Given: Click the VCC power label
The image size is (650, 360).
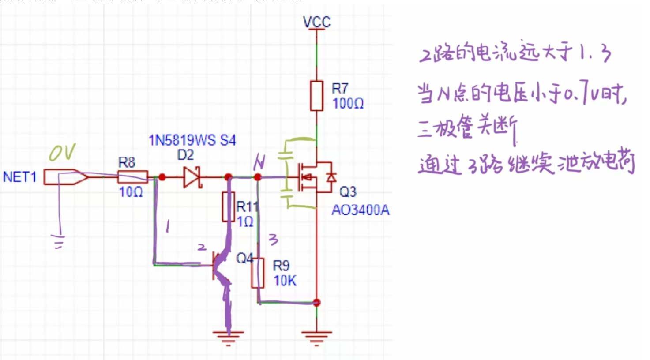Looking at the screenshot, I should coord(316,22).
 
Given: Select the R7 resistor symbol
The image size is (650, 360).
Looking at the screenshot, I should coord(316,96).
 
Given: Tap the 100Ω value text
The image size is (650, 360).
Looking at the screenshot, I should coord(348,104).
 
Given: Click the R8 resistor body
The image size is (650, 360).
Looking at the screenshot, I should coord(132,177).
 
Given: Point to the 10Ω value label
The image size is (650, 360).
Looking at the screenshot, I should coord(131,192).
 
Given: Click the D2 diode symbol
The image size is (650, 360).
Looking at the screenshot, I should coord(192,177).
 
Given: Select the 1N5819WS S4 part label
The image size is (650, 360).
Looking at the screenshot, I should coord(192,140).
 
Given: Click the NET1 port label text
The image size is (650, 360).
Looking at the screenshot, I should coord(19,177).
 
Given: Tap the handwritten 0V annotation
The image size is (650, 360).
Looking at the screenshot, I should coord(62,153).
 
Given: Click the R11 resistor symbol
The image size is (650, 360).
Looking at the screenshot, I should coord(228,206).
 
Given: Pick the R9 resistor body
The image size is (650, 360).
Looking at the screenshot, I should coord(258,273).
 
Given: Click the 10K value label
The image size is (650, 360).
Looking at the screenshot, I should coord(285,281).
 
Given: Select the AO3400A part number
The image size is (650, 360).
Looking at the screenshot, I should coord(360,210).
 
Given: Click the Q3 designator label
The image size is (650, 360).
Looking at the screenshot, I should coord(348,192).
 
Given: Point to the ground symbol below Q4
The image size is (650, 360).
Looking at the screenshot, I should coord(228,337).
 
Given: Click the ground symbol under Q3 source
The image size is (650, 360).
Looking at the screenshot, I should coord(316,337).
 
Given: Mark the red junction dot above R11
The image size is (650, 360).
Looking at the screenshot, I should coord(228,177).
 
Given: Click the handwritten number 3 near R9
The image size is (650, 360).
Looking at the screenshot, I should coord(274,240).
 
